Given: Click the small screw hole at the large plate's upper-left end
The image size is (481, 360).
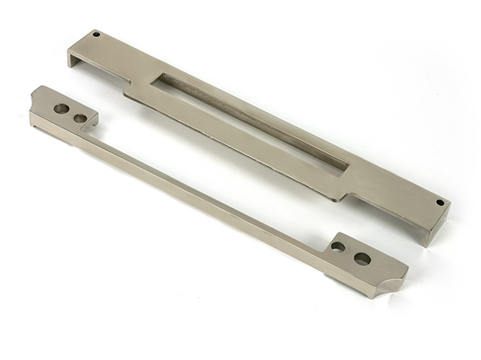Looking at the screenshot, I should click(97, 34).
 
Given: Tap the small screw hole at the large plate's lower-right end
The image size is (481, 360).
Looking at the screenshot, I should click(439, 203).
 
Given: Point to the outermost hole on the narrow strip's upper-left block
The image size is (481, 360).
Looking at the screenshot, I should click(61, 107).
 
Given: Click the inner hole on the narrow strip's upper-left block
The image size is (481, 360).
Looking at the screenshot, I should click(80, 119).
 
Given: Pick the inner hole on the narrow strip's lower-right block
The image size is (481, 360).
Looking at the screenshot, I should click(338, 247).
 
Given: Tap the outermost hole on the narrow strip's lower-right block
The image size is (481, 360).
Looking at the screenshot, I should click(362, 258).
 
